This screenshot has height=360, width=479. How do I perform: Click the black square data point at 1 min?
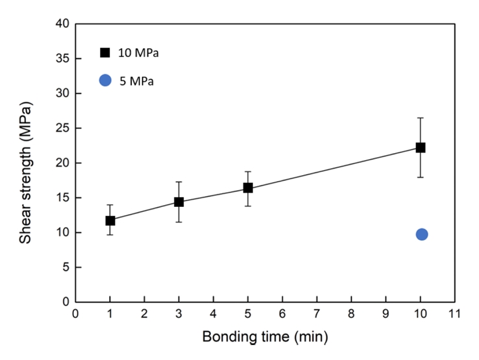[x=110, y=221]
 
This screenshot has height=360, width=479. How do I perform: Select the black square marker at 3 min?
[x=179, y=202]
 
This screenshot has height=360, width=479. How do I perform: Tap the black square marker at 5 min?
[x=248, y=188]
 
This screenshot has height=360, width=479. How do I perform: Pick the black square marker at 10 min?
[x=421, y=147]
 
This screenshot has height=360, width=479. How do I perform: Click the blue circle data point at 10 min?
[x=422, y=234]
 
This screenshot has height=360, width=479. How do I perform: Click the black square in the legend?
[x=105, y=53]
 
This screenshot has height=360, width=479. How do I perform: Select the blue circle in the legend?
[x=105, y=80]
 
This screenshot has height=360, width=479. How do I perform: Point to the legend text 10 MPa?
[x=139, y=53]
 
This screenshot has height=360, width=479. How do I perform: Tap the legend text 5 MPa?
[x=136, y=81]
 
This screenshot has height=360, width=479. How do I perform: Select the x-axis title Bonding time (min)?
[x=265, y=337]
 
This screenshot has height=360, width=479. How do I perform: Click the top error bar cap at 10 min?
[x=421, y=118]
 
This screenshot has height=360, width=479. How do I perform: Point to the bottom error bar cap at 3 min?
[x=179, y=222]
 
